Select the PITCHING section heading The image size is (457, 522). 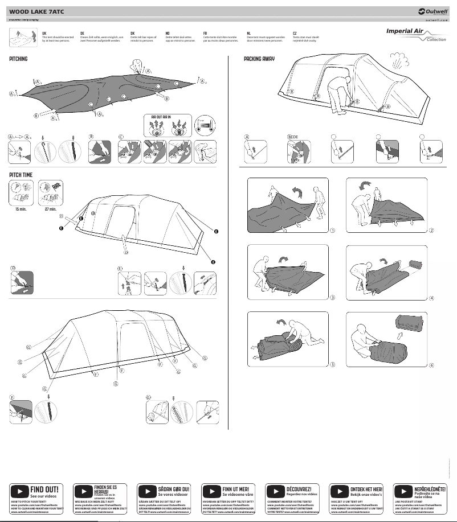point(18,59)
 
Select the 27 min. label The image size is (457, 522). point(50,208)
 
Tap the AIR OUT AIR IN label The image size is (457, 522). point(161,117)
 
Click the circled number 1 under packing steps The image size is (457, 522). point(332,230)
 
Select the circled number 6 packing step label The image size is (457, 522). point(431,365)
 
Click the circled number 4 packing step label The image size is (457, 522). point(431,298)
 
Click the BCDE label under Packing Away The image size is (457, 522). point(292,137)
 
